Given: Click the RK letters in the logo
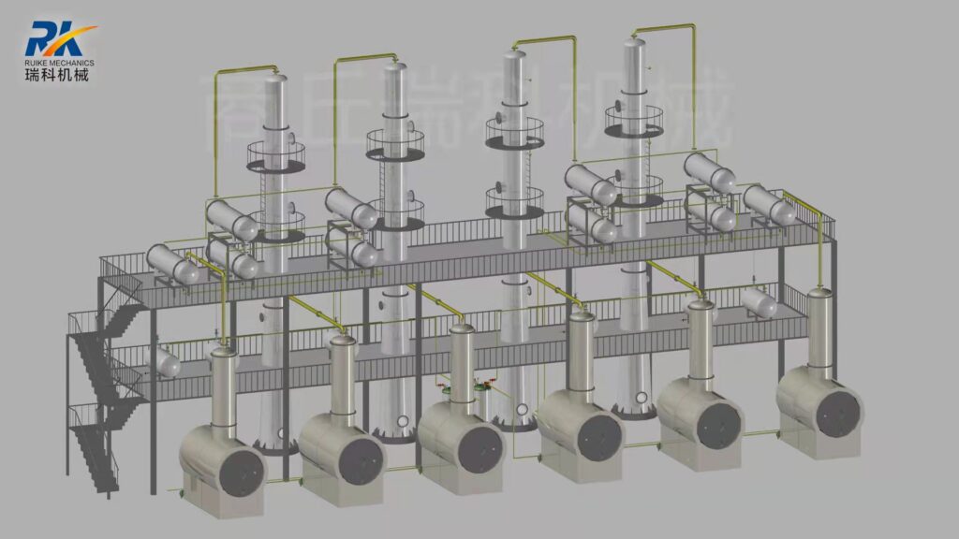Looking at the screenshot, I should point(52,39).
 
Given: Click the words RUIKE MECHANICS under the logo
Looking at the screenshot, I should point(60,63).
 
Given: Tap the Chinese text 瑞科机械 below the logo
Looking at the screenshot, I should point(57,75).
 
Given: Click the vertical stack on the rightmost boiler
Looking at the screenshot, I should point(820,328).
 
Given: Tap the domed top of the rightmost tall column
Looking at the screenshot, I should point(636,43).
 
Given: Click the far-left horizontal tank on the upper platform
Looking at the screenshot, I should point(172,264).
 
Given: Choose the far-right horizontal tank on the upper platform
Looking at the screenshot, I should point(769,205).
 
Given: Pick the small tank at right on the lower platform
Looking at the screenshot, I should point(758,302).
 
